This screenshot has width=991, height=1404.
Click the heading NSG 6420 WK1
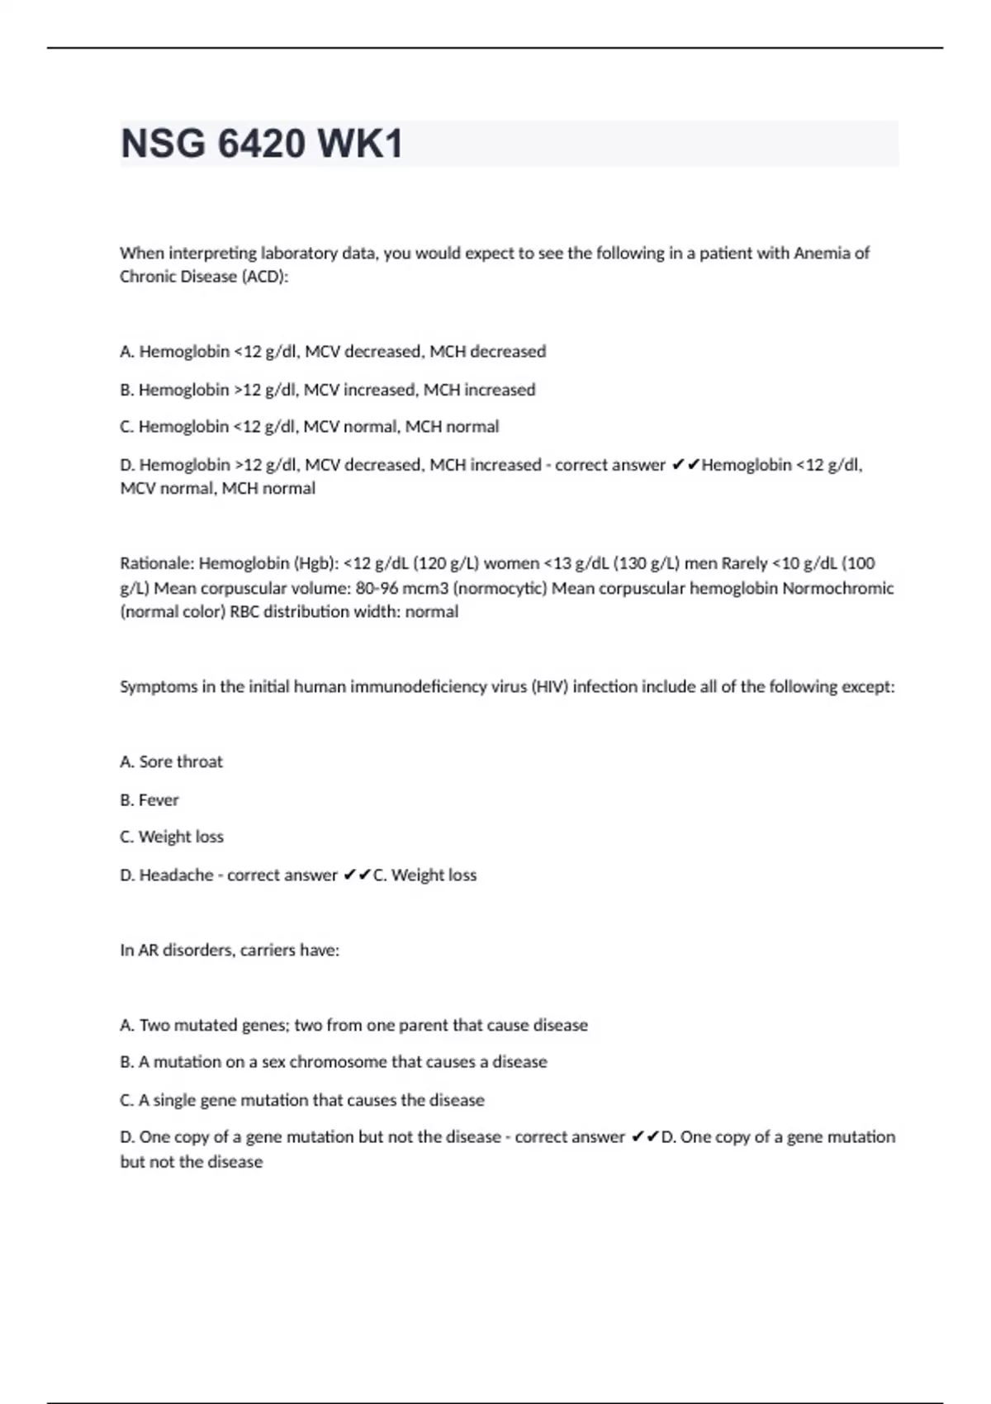[x=262, y=144]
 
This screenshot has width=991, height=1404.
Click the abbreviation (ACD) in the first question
[x=264, y=277]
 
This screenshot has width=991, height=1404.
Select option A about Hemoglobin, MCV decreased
[x=333, y=352]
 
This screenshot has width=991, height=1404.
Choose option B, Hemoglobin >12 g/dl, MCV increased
[x=328, y=390]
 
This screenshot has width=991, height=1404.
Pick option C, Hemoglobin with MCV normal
[x=310, y=427]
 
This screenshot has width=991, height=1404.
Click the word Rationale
[x=155, y=563]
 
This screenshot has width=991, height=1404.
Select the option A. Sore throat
[x=172, y=762]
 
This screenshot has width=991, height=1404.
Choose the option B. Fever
[x=149, y=800]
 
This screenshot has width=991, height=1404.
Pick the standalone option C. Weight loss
[x=172, y=837]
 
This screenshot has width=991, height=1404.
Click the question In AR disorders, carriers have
[x=230, y=951]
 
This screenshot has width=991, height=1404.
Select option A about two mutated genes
[x=353, y=1026]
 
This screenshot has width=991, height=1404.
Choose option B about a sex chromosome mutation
[x=334, y=1062]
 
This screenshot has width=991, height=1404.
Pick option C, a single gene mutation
[x=302, y=1100]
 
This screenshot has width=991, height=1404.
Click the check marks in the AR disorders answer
[x=645, y=1137]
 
